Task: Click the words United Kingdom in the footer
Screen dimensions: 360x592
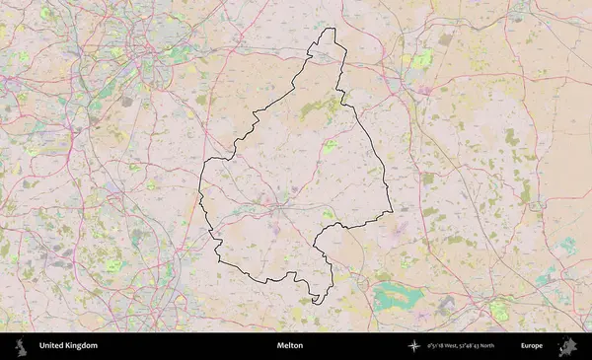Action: tap(68, 346)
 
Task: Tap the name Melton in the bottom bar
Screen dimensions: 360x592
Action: tap(290, 346)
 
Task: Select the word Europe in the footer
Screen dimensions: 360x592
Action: tap(532, 346)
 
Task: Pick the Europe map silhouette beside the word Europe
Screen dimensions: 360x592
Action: tap(567, 346)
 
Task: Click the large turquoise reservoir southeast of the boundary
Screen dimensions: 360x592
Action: tap(399, 295)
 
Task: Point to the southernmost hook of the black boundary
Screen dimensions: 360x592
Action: tap(315, 301)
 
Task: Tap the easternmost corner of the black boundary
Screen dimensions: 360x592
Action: tap(392, 209)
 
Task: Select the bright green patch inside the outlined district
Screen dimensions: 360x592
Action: tap(330, 146)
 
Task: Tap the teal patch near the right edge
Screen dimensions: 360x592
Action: tap(568, 246)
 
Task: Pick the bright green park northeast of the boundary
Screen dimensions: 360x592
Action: tap(422, 61)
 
